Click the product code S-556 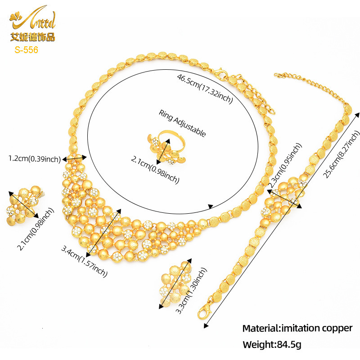[26, 50]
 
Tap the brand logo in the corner [32, 22]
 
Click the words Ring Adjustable [182, 123]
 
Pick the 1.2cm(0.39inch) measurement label [35, 158]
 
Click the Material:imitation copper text [297, 328]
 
